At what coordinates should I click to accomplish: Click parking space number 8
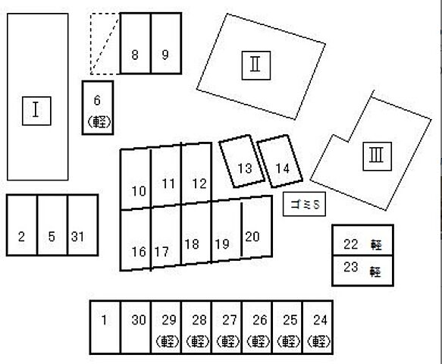click(135, 43)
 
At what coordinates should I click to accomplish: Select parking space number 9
click(166, 43)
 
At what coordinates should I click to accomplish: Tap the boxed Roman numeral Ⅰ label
click(36, 111)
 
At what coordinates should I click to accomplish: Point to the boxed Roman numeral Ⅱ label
click(256, 65)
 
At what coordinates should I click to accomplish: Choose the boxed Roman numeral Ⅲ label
click(377, 156)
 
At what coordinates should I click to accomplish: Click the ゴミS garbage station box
click(304, 204)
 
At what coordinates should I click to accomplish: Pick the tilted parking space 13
click(242, 161)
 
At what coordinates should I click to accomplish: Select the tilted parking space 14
click(281, 161)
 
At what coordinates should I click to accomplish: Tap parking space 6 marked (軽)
click(98, 108)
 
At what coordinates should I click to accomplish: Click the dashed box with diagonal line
click(105, 43)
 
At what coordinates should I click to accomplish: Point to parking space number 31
click(83, 225)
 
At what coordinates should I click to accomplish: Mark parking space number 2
click(22, 225)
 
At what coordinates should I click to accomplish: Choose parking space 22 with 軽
click(363, 240)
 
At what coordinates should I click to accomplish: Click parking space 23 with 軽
click(363, 271)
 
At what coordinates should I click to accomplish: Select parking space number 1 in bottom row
click(105, 327)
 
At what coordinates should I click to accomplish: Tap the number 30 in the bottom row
click(139, 320)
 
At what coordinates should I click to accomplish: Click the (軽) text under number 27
click(228, 341)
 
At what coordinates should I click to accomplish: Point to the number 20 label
click(252, 237)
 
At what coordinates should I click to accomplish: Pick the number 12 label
click(199, 184)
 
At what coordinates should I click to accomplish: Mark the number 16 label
click(139, 252)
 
